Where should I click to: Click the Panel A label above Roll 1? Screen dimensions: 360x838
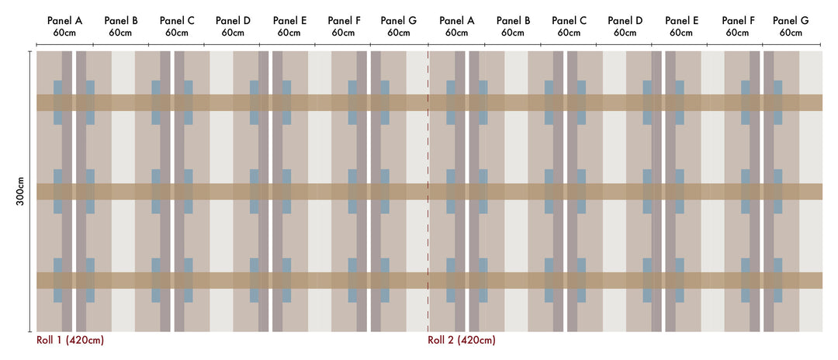tap(64, 21)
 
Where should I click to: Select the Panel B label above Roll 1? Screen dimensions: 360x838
tap(120, 21)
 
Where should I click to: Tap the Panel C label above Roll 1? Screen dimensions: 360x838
tap(177, 21)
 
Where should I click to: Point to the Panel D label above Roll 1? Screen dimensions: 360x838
tap(233, 21)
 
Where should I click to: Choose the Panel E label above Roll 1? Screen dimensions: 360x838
tap(289, 21)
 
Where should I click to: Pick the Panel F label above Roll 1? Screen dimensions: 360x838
tap(344, 21)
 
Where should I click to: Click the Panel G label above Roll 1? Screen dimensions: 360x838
tap(399, 21)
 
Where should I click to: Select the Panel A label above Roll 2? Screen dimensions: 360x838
tap(457, 21)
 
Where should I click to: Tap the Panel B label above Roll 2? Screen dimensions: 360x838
tap(513, 21)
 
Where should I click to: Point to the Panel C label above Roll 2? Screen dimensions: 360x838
tap(570, 21)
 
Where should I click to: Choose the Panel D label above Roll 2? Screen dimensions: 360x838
tap(625, 21)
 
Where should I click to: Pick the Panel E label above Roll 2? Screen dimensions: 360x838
tap(681, 21)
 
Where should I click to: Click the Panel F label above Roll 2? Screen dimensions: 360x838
tap(736, 21)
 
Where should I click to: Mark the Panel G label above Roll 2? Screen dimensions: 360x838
tap(791, 21)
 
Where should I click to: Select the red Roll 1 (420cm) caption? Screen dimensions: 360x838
tap(71, 340)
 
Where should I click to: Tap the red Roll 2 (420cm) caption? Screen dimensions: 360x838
tap(462, 340)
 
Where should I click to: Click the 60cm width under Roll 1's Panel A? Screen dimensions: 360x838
tap(64, 33)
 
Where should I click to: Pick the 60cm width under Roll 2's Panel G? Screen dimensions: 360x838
tap(791, 33)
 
